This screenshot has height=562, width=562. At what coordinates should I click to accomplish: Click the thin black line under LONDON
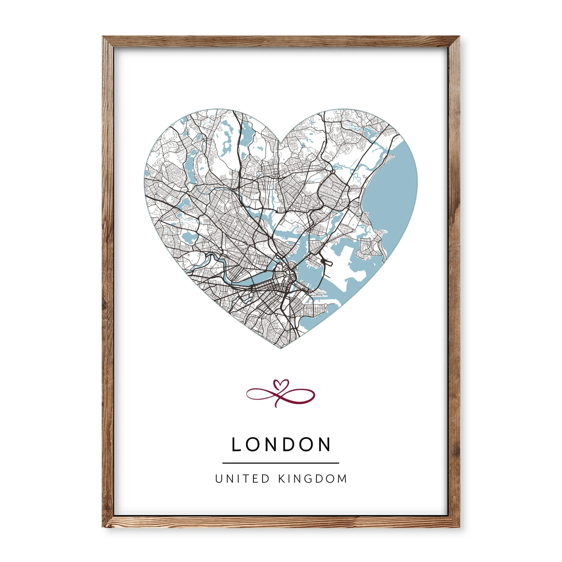pos(281,463)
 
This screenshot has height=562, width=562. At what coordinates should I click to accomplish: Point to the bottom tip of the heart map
pos(281,348)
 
